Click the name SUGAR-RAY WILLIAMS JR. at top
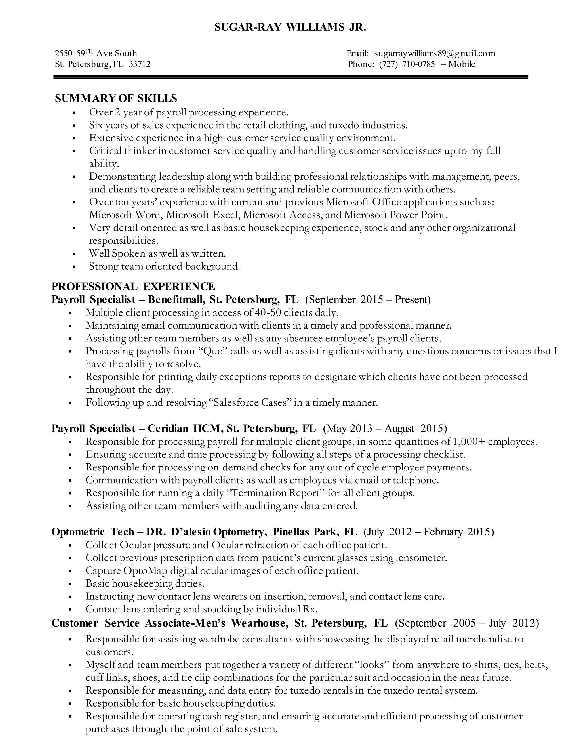290,28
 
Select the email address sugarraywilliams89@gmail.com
435,53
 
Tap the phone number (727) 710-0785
407,64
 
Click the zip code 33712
139,64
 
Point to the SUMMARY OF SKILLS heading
116,98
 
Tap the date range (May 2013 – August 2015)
385,428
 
